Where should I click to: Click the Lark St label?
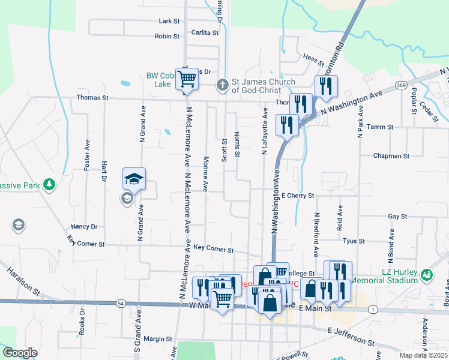(169, 21)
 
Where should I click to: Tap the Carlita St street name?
(205, 33)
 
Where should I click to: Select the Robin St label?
(167, 36)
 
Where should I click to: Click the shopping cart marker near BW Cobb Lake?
(187, 77)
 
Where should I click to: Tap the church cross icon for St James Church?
(222, 85)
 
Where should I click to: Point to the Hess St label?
(310, 58)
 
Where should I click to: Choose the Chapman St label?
(391, 156)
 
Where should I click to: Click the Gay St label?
(397, 216)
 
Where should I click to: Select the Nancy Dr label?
(84, 227)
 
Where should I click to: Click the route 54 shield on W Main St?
(121, 304)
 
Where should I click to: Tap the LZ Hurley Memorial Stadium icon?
(427, 275)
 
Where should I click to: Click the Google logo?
(20, 352)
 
